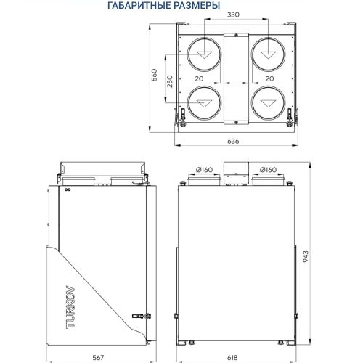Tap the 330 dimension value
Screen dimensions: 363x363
click(x=232, y=15)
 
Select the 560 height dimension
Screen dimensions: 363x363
click(x=154, y=76)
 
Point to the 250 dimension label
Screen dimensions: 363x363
click(x=169, y=81)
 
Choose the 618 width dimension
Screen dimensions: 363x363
click(x=234, y=357)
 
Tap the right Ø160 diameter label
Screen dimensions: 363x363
click(x=268, y=170)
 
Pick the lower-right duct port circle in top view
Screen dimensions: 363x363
click(x=266, y=103)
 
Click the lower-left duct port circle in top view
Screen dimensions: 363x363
click(x=203, y=103)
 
